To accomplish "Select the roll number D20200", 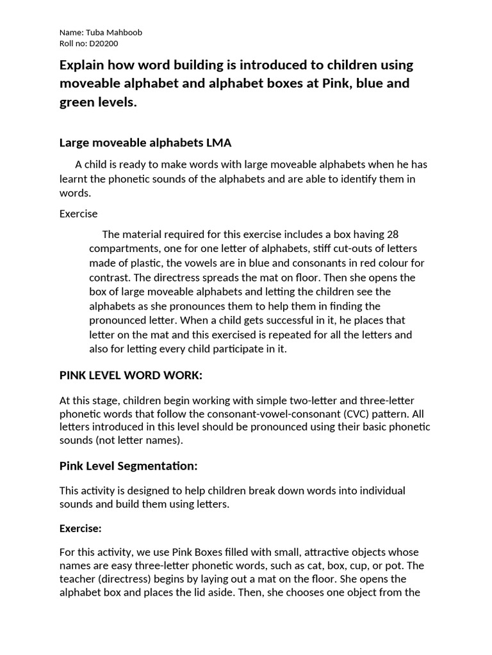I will [102, 43].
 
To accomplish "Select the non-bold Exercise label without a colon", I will [78, 214].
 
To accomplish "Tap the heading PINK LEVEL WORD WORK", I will [131, 375].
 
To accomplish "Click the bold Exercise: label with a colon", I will [81, 529].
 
